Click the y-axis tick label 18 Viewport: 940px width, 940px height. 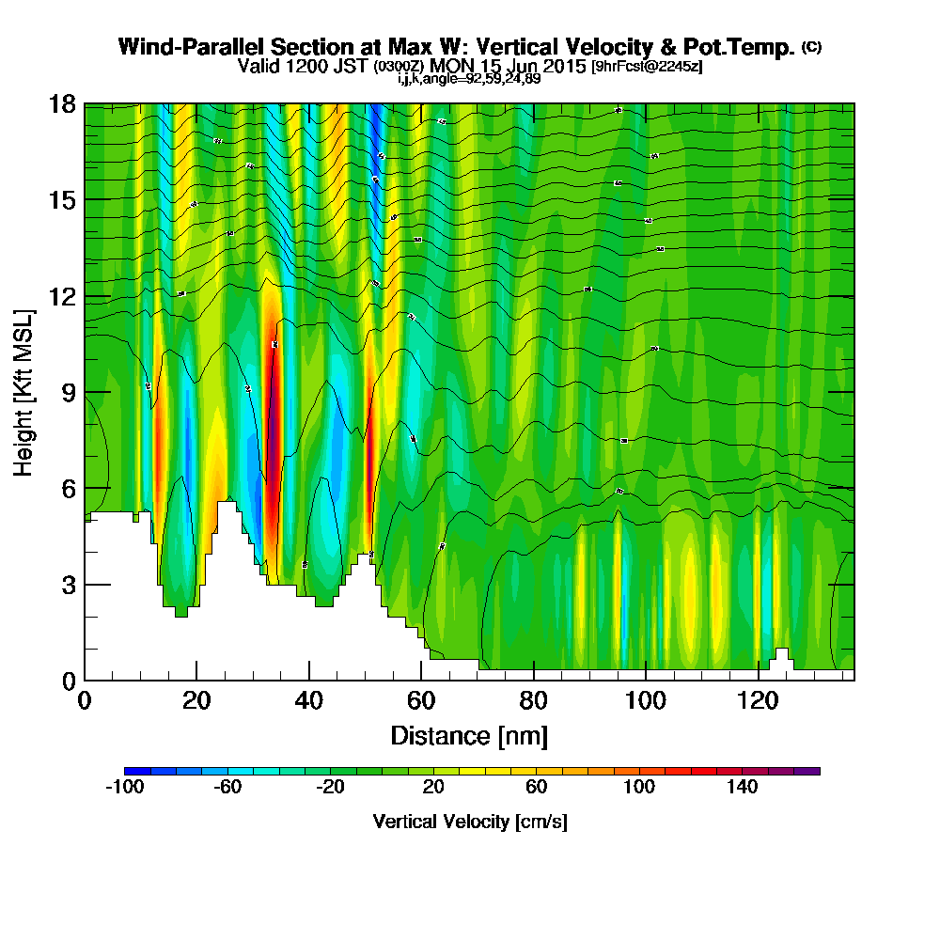[62, 103]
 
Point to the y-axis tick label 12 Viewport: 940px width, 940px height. [62, 296]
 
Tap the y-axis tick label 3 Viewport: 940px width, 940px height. [68, 585]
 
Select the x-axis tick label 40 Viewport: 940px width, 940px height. [308, 700]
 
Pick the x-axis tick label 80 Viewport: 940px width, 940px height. [533, 700]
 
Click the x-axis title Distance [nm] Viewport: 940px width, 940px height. [469, 734]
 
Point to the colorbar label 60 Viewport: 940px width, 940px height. [536, 788]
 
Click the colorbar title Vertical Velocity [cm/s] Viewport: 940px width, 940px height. [469, 822]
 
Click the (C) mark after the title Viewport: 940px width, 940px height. [811, 47]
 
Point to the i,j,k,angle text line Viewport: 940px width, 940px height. [468, 79]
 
